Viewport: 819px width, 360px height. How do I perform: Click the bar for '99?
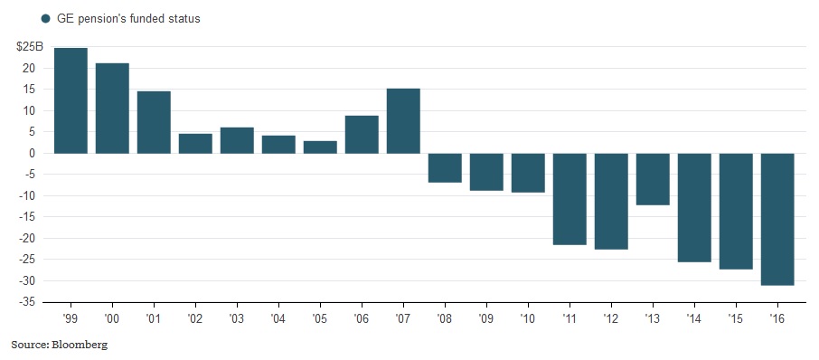(71, 100)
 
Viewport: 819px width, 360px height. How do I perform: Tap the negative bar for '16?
(777, 219)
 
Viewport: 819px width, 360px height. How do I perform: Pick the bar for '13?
(653, 179)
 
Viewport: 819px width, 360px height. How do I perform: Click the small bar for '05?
(320, 147)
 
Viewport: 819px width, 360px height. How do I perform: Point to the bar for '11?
(570, 199)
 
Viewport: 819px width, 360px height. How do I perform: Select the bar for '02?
(195, 143)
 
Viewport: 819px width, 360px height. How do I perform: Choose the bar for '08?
(445, 167)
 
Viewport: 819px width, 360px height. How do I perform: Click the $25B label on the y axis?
(29, 46)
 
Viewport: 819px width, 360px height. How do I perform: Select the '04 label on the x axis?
(278, 320)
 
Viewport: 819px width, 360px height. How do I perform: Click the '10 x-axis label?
(528, 320)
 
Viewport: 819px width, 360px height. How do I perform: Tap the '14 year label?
(694, 320)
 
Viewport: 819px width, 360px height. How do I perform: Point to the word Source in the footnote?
(27, 345)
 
